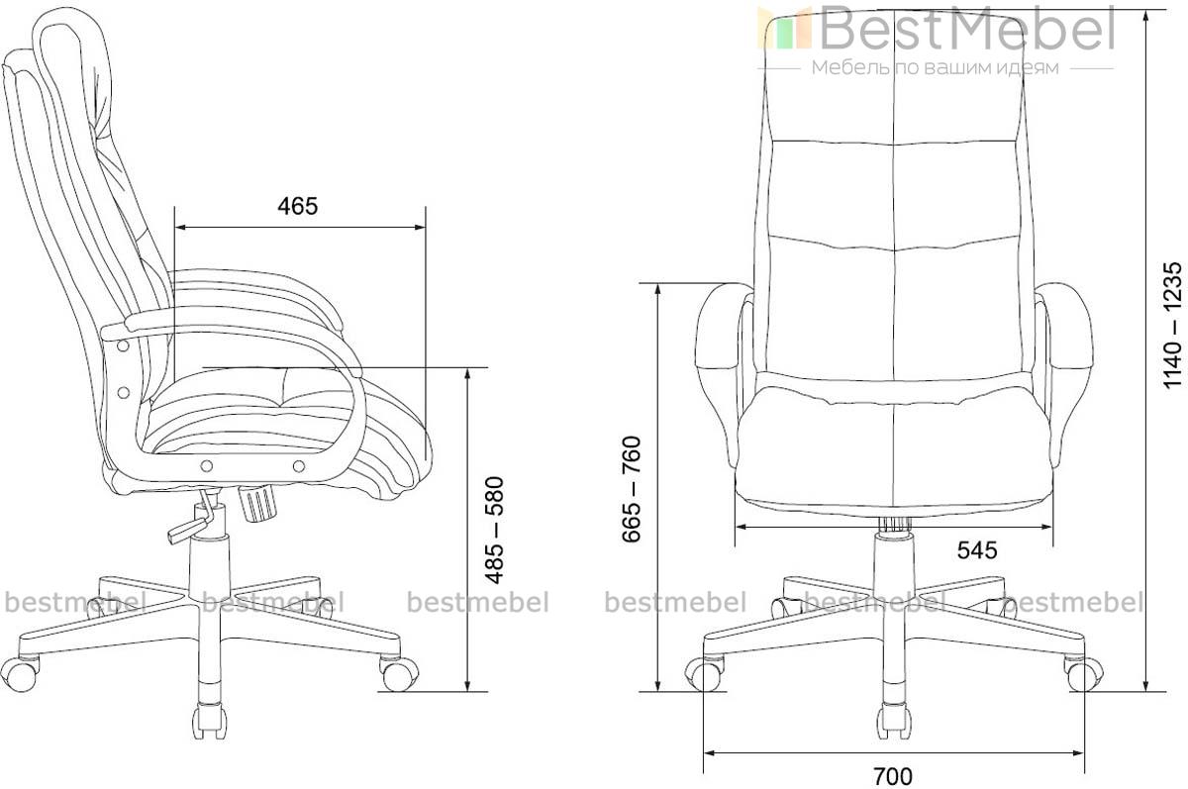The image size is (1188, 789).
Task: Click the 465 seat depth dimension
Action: click(x=298, y=206)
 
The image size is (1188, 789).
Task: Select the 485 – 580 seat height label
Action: click(x=495, y=531)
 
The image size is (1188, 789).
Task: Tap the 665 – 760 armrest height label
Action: click(x=632, y=489)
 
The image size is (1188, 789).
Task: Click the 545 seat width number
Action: click(x=977, y=550)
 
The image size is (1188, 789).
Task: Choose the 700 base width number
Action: click(x=893, y=777)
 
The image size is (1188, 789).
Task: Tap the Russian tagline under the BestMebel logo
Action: click(x=936, y=68)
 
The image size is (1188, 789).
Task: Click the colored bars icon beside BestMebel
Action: click(x=785, y=29)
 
